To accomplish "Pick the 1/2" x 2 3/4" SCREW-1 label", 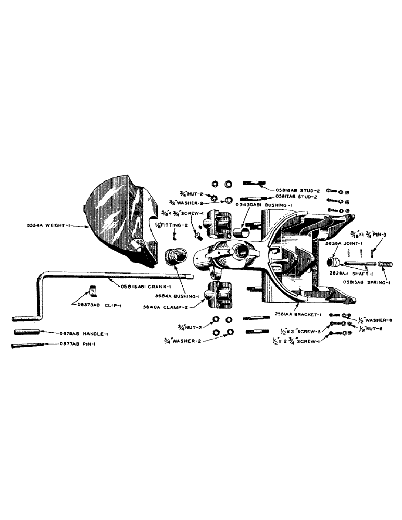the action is point(297,340).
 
